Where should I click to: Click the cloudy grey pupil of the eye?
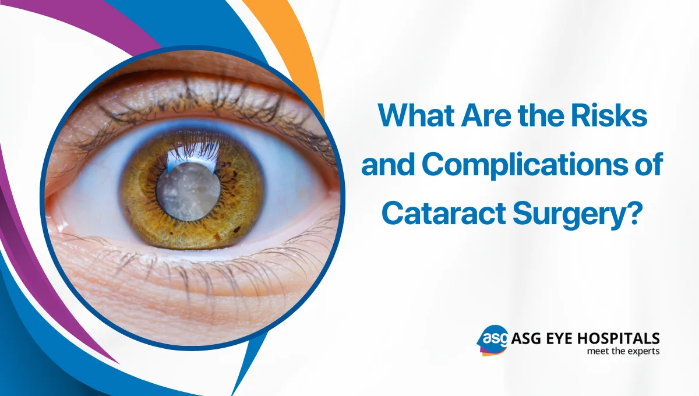[188, 190]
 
